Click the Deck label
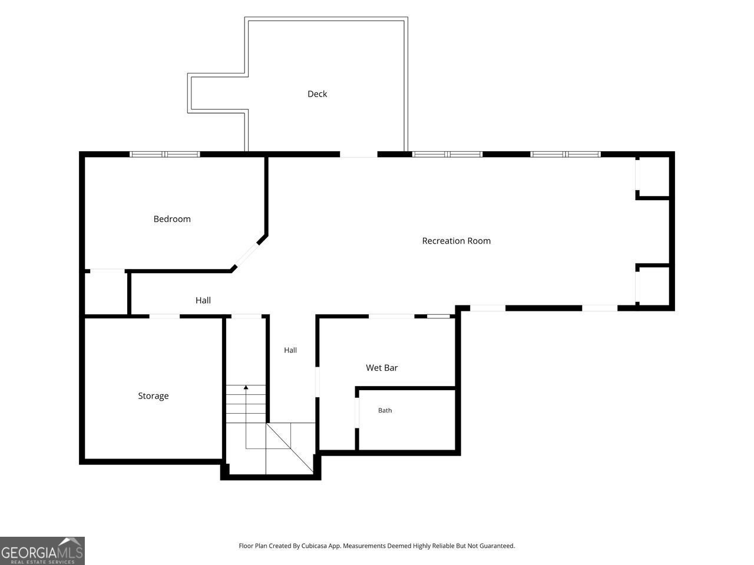317,94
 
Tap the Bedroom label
172,219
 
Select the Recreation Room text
456,241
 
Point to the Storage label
153,396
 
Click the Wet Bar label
382,368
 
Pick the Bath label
385,410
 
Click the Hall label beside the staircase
290,350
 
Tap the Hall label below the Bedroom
203,301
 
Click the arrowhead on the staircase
246,387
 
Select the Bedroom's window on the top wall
164,154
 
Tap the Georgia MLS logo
42,551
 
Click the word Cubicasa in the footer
314,546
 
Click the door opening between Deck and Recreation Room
359,154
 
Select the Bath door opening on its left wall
357,413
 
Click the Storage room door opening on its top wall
164,316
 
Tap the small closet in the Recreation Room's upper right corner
654,177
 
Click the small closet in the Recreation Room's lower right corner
654,286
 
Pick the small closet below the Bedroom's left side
106,293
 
